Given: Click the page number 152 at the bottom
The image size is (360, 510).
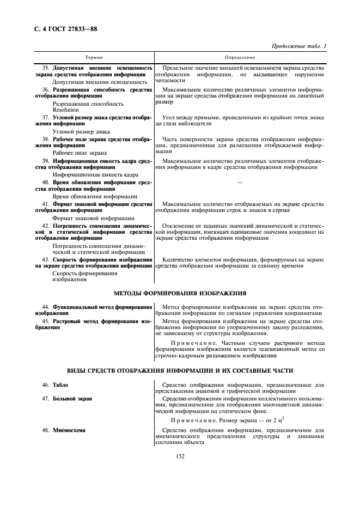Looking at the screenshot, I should [180, 456].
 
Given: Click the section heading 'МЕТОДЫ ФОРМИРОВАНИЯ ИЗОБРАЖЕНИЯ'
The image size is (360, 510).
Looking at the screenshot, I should [180, 293].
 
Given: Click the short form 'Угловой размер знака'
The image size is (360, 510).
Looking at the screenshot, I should [81, 131].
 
